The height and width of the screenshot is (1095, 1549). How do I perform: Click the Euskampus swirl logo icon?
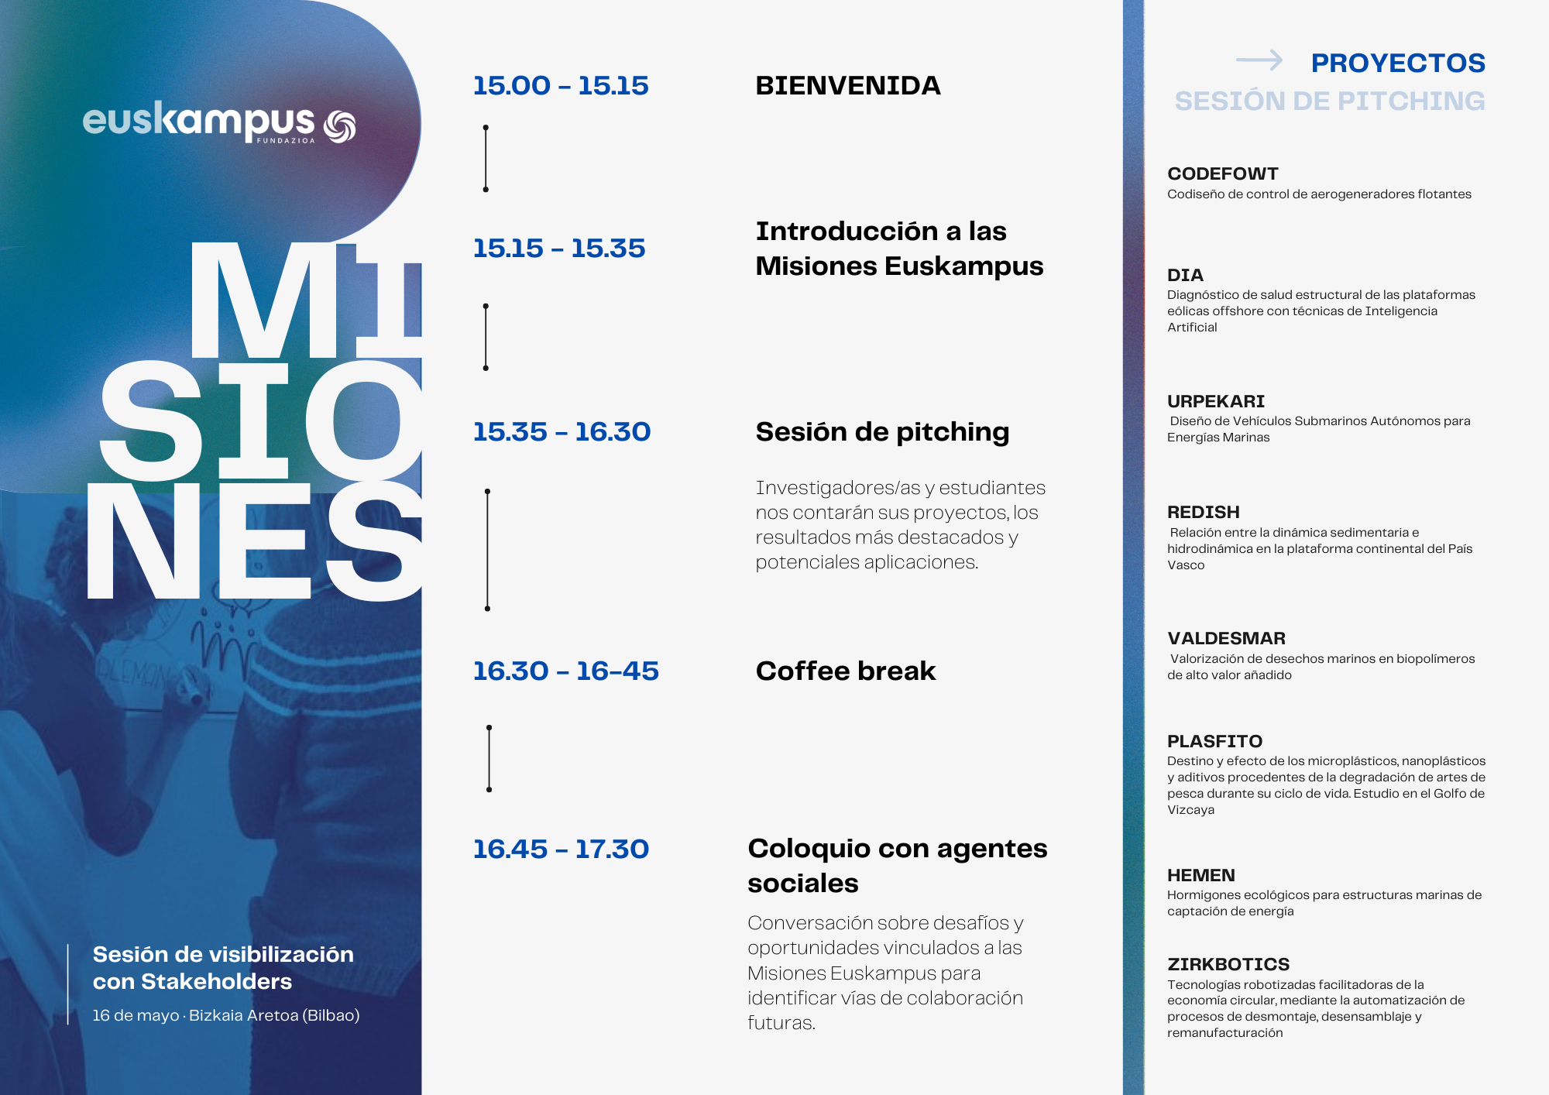[x=339, y=127]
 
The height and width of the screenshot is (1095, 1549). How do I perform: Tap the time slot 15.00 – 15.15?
[x=561, y=85]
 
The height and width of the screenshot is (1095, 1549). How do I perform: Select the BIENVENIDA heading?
[x=848, y=85]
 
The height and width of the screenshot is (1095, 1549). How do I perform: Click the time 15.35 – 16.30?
[x=562, y=431]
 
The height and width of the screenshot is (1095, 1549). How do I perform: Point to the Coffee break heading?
[x=846, y=671]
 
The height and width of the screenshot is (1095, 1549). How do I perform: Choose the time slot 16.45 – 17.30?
[x=561, y=849]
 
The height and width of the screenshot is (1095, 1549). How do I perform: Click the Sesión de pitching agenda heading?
[x=882, y=432]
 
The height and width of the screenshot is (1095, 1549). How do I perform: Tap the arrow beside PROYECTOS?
[x=1259, y=60]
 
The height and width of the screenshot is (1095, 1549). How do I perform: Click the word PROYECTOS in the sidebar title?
[x=1398, y=63]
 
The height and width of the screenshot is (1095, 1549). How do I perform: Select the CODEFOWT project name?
[x=1223, y=173]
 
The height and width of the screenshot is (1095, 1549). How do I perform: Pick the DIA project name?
[x=1185, y=275]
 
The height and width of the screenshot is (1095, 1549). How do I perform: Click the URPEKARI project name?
[x=1216, y=401]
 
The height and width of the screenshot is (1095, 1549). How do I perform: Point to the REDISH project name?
[x=1204, y=512]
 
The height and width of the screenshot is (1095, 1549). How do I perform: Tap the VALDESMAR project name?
[x=1227, y=638]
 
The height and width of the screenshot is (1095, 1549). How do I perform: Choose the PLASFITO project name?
[x=1215, y=741]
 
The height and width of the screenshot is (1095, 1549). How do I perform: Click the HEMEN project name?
[x=1201, y=875]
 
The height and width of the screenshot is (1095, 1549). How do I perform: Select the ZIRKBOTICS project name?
[x=1228, y=964]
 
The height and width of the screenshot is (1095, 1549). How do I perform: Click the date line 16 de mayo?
[x=136, y=1015]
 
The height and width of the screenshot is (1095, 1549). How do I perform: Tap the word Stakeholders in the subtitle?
[x=216, y=981]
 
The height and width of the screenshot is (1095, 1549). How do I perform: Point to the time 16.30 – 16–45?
[x=566, y=671]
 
